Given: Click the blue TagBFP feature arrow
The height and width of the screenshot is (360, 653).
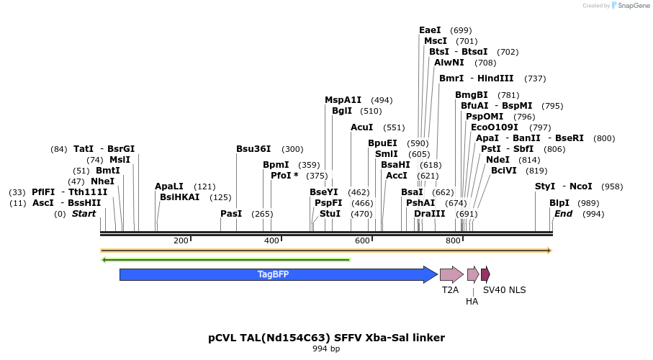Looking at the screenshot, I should [274, 274].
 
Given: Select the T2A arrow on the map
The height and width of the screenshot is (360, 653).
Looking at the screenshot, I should [451, 274].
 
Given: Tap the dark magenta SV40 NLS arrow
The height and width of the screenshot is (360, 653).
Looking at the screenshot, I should [485, 274].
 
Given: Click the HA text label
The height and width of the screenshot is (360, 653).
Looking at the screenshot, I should [472, 302].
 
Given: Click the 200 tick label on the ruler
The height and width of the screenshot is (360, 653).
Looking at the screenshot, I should [180, 240].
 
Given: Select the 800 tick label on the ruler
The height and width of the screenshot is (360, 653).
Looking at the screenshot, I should [452, 240].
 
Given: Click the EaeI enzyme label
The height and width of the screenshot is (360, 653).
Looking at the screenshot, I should [430, 30].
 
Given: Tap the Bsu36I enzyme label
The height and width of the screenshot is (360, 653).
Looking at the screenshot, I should [253, 149].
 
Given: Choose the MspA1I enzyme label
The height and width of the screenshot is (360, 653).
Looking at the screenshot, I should [343, 100].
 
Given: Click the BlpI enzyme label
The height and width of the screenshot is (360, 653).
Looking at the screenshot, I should [559, 203].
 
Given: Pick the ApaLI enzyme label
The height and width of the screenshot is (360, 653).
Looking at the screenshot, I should [169, 186].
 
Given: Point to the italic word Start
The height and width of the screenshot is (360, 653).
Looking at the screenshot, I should [84, 214].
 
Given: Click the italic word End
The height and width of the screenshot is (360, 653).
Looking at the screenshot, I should [563, 214].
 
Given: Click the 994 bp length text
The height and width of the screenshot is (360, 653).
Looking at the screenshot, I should [326, 349].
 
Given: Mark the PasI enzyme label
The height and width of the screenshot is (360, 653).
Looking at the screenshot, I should [231, 214].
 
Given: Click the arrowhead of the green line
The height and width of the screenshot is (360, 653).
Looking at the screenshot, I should [105, 260].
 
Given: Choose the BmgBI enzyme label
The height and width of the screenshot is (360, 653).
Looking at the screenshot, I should [472, 95].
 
